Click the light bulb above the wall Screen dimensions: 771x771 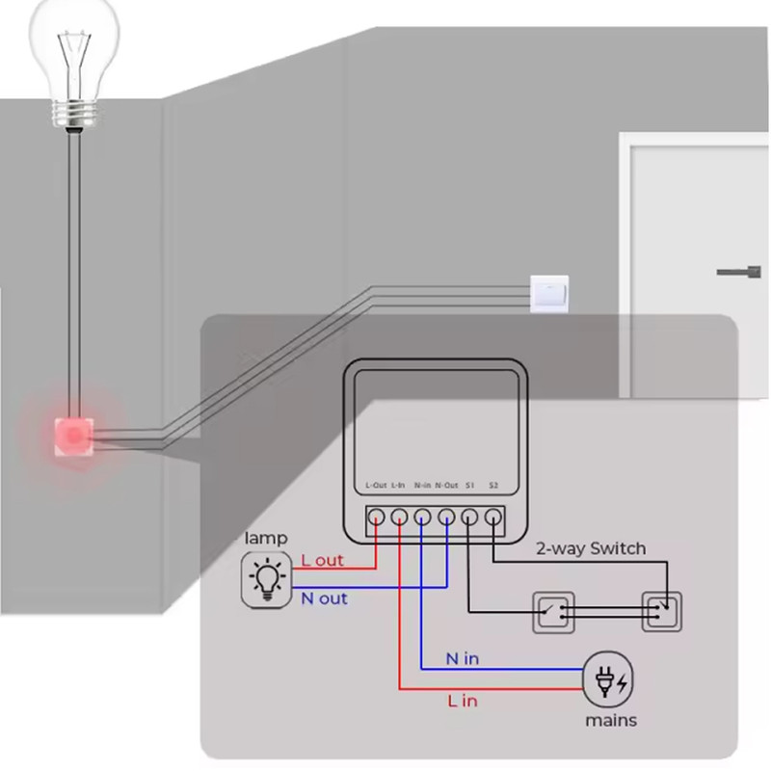click(74, 64)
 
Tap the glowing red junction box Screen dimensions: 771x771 click(74, 437)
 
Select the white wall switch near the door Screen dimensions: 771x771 click(549, 294)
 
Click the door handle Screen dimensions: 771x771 click(739, 272)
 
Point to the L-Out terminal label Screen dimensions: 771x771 click(376, 486)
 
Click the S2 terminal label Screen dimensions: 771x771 click(493, 486)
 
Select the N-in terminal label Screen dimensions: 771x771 click(422, 486)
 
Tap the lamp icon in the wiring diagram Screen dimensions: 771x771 click(267, 580)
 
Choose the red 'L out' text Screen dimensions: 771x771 click(322, 561)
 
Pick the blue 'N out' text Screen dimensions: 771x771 click(324, 598)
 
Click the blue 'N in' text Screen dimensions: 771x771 click(463, 659)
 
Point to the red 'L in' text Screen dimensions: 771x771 click(463, 701)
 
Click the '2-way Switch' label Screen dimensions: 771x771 click(591, 548)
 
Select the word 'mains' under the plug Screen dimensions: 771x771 click(611, 721)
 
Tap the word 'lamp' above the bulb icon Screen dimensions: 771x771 click(266, 538)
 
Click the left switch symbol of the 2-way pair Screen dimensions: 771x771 click(553, 612)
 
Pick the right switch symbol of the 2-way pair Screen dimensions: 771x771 click(662, 612)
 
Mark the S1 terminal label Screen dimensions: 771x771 click(469, 486)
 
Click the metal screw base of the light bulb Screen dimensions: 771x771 click(74, 114)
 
